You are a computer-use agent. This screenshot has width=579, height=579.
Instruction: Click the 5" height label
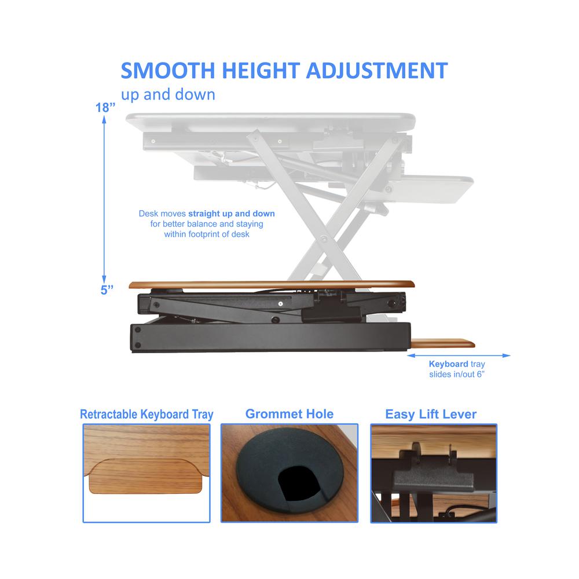pyautogui.click(x=105, y=290)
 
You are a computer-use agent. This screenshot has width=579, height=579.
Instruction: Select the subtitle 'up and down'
pyautogui.click(x=168, y=94)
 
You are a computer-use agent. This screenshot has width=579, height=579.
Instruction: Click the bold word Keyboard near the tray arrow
pyautogui.click(x=448, y=364)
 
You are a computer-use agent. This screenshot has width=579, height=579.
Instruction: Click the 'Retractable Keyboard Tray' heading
pyautogui.click(x=146, y=415)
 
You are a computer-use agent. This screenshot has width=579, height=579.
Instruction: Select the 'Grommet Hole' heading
pyautogui.click(x=289, y=414)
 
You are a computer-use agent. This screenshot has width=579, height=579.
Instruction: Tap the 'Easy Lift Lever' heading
pyautogui.click(x=431, y=414)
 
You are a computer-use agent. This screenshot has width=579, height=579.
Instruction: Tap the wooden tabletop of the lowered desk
pyautogui.click(x=272, y=284)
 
